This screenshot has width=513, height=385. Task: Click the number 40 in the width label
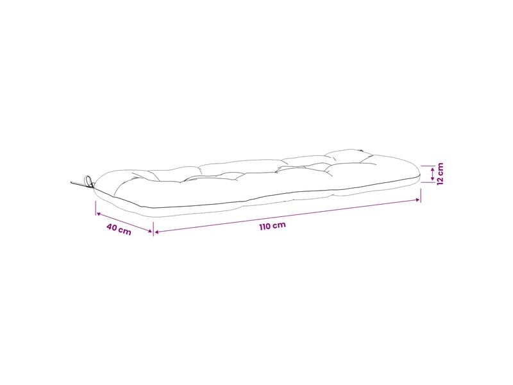tap(112, 227)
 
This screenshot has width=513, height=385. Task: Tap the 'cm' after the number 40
tap(125, 231)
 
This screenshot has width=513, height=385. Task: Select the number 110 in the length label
tap(265, 227)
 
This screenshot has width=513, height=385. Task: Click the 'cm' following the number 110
tap(280, 225)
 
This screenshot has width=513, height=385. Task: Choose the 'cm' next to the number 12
tap(440, 168)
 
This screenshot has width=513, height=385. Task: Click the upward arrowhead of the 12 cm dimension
tap(432, 169)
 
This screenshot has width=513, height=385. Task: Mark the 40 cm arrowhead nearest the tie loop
tap(98, 214)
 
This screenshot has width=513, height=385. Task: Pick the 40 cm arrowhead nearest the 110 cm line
tap(150, 231)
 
